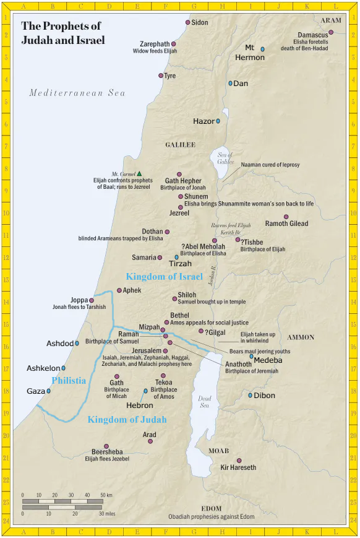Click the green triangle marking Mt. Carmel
click(139, 174)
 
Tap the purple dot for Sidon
click(188, 22)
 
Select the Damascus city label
click(312, 35)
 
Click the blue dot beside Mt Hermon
click(262, 49)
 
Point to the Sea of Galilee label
click(226, 158)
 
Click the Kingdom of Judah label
click(127, 420)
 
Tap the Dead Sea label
click(205, 402)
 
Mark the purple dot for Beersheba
click(106, 446)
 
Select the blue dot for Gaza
click(49, 391)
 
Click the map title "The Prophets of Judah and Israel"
click(62, 33)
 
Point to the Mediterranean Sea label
click(77, 93)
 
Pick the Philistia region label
click(69, 381)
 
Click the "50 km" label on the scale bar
click(106, 495)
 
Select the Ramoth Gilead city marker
click(286, 217)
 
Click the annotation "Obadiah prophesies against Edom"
click(211, 516)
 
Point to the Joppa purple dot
click(92, 300)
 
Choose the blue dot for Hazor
click(218, 121)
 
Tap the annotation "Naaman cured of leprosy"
click(270, 165)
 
